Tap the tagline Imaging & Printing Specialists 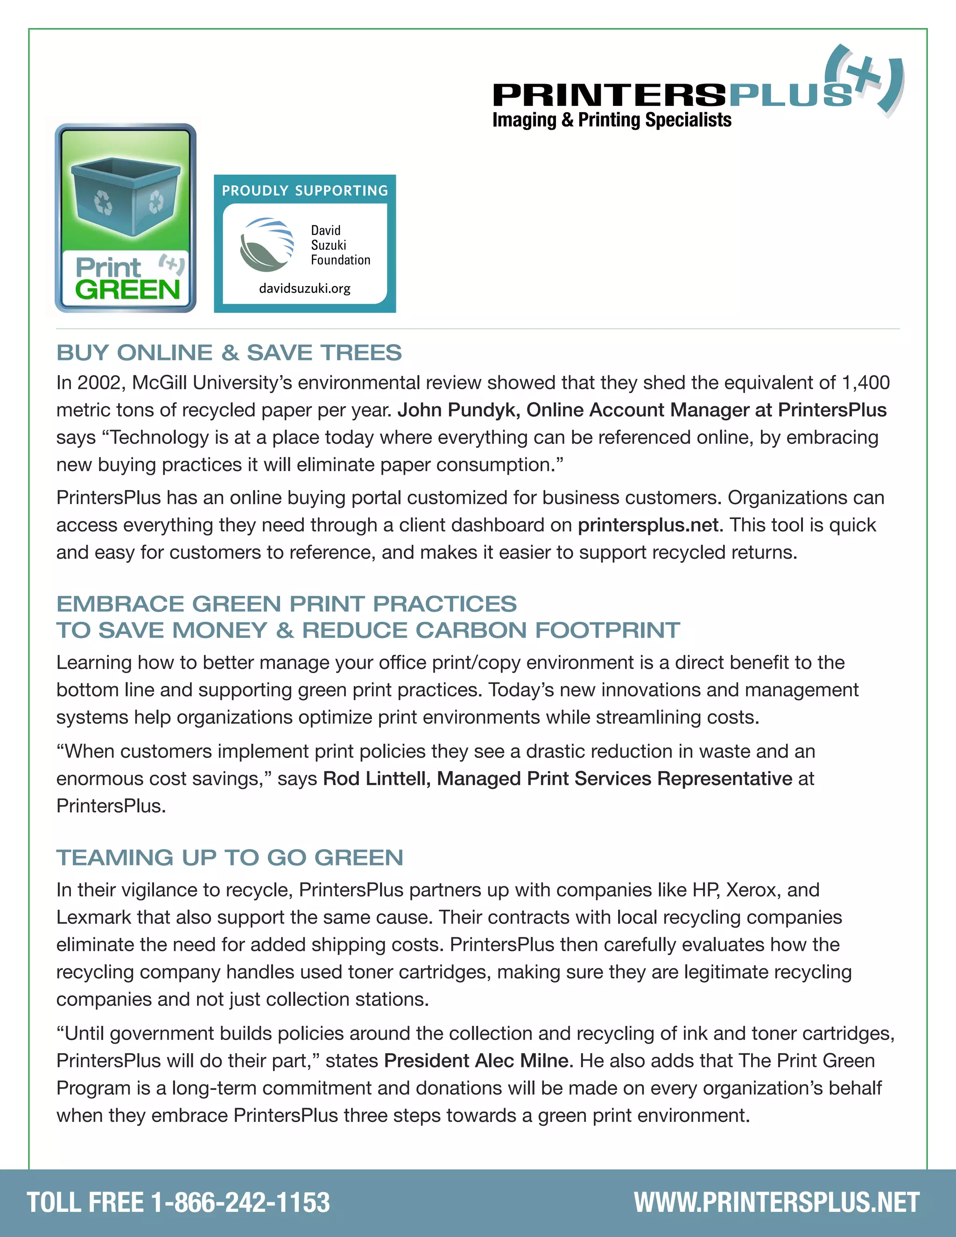612,120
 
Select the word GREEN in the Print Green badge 127,290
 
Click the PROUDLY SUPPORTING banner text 305,190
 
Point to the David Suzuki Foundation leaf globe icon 267,245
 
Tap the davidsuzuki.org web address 305,288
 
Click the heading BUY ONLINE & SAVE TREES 229,353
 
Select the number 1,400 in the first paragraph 866,383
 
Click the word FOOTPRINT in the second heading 608,630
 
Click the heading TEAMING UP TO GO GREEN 229,857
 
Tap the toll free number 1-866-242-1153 240,1202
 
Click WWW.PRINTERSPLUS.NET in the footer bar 776,1202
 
